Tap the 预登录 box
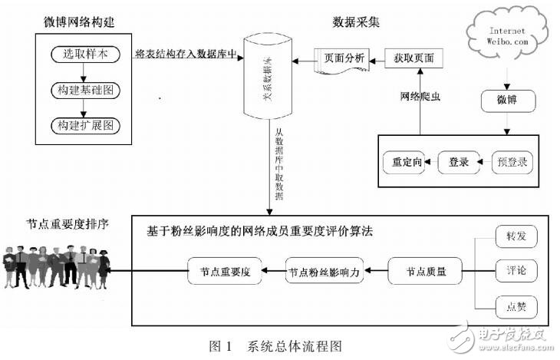(509, 163)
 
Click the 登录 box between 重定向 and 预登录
(459, 163)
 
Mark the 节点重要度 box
(226, 271)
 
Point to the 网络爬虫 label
(421, 97)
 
